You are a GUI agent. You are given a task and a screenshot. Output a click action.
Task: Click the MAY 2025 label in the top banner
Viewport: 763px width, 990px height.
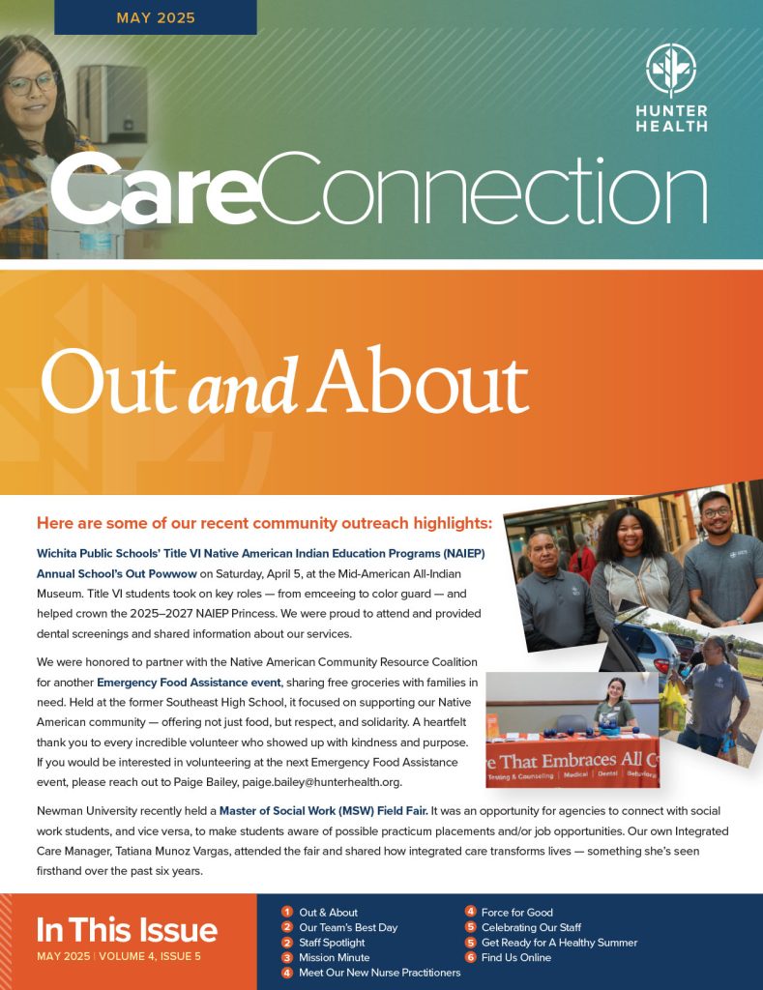[x=156, y=17]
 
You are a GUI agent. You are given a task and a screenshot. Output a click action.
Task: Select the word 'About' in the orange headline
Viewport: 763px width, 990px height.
[x=422, y=380]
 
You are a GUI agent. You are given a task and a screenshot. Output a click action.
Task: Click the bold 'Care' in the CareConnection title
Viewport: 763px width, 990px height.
[x=155, y=193]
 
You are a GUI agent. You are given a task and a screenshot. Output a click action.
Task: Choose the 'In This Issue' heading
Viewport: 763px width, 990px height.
[x=127, y=930]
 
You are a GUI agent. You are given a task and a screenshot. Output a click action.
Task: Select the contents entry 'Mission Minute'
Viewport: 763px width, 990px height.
[x=334, y=957]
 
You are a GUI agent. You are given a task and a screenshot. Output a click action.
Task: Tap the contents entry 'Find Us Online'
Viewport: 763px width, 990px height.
[x=515, y=957]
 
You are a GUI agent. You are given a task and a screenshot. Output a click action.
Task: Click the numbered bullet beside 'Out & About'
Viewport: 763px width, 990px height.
[x=287, y=912]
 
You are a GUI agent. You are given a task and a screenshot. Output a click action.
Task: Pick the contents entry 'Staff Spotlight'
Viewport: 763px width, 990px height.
[x=332, y=942]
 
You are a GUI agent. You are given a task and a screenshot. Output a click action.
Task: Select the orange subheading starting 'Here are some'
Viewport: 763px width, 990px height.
[x=264, y=523]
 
